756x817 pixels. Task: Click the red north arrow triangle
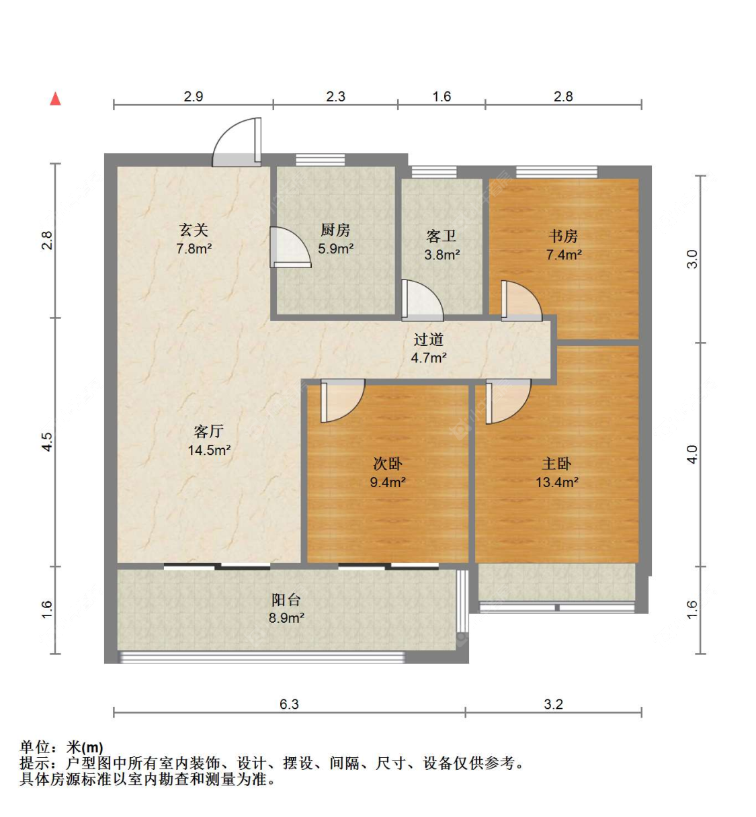56,99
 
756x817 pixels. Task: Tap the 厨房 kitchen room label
335,230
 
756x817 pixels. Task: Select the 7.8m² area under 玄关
194,249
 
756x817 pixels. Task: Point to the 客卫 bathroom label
442,236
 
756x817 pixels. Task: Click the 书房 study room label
563,236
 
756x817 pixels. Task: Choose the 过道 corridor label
429,339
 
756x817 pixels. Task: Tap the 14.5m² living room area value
209,450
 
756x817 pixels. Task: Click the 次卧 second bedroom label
387,464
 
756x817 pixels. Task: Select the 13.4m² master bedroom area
557,482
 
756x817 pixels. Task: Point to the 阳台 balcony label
286,600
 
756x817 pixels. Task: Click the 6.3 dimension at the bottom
289,704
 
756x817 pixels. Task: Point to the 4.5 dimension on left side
48,442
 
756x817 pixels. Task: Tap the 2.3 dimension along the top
335,96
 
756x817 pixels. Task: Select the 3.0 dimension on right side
693,259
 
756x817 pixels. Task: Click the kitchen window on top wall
321,160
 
